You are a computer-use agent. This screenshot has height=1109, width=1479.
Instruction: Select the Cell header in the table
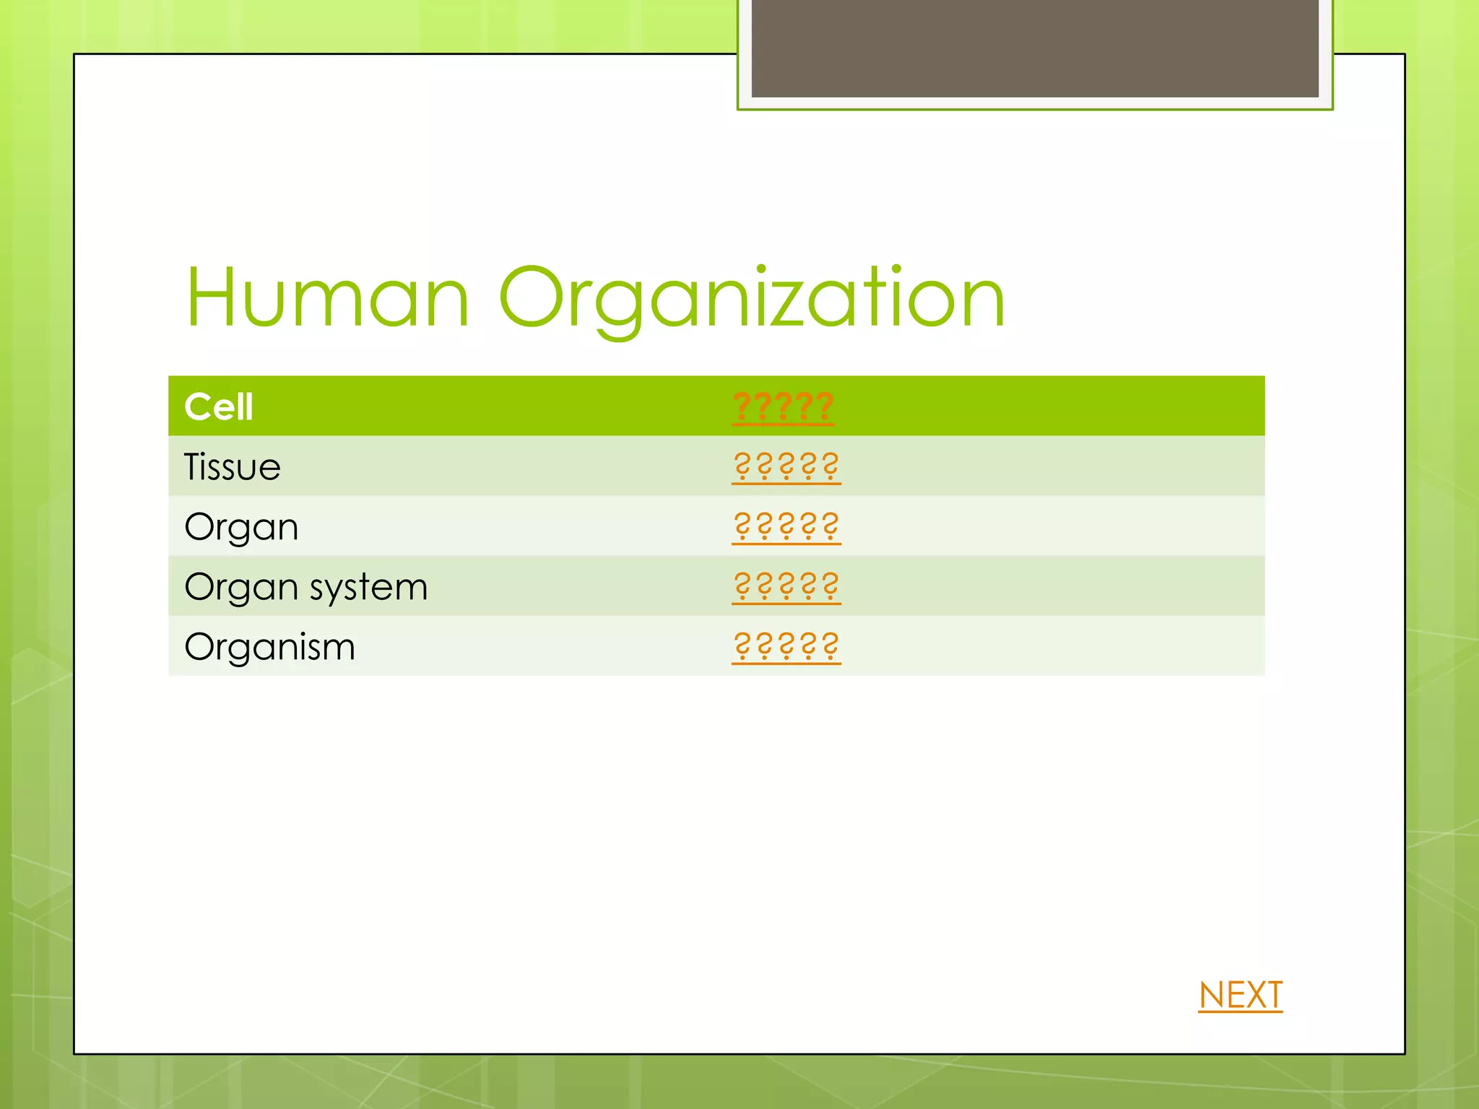pyautogui.click(x=219, y=406)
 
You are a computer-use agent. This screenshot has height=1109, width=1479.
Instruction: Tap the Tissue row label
pyautogui.click(x=232, y=466)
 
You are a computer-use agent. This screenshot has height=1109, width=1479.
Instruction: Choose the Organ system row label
pyautogui.click(x=305, y=587)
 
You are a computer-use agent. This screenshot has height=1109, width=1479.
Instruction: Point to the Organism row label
pyautogui.click(x=269, y=647)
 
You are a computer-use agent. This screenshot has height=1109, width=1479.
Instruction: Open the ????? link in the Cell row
pyautogui.click(x=783, y=406)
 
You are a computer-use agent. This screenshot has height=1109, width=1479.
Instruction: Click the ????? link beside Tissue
pyautogui.click(x=786, y=466)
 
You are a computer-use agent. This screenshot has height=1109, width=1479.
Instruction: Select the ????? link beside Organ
pyautogui.click(x=786, y=526)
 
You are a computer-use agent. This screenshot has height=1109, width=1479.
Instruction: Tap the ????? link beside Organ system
pyautogui.click(x=786, y=586)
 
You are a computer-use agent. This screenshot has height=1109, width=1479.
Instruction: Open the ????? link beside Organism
pyautogui.click(x=786, y=646)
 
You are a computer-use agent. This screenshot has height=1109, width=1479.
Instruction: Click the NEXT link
pyautogui.click(x=1240, y=995)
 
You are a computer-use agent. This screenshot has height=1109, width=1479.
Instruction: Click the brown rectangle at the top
pyautogui.click(x=1035, y=48)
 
